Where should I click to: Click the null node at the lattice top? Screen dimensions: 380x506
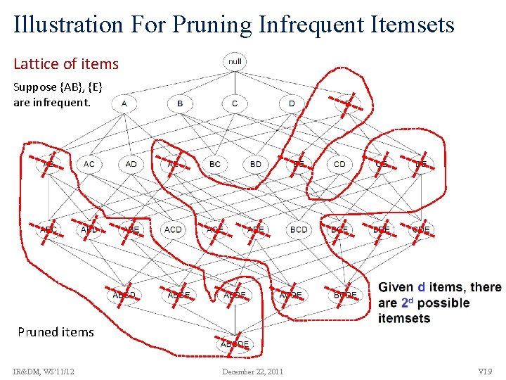pos(235,62)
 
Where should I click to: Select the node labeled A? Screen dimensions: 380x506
pos(124,103)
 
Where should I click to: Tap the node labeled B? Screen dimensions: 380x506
pos(180,103)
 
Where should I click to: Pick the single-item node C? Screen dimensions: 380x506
pos(235,103)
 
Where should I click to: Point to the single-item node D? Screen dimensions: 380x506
pos(292,103)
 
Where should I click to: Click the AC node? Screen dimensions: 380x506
pos(89,164)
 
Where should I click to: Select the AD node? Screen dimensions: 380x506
pos(131,164)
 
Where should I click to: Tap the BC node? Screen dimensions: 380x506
pos(215,164)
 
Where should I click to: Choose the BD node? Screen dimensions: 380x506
pos(256,164)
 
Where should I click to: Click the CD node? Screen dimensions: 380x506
pos(339,164)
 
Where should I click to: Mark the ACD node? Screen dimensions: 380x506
pos(172,229)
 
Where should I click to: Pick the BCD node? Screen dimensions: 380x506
pos(298,229)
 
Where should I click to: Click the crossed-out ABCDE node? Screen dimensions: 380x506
pos(235,344)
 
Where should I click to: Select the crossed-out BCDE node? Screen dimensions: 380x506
pos(345,295)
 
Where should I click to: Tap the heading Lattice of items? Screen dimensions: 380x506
pos(66,64)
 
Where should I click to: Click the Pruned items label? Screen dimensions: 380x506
pos(56,331)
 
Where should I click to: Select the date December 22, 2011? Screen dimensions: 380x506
pos(252,371)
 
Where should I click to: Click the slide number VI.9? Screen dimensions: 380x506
pos(485,371)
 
